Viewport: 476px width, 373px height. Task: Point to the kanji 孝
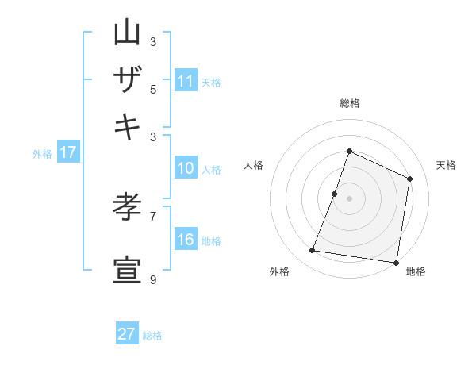[127, 207]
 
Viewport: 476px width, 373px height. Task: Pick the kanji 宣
[127, 271]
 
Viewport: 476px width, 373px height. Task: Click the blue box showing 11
[186, 81]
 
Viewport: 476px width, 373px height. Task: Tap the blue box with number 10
[186, 168]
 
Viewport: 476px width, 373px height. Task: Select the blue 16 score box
[186, 240]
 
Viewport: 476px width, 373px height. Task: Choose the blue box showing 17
[68, 153]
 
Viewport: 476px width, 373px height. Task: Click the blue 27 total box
[127, 334]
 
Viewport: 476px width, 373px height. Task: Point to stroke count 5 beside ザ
[153, 89]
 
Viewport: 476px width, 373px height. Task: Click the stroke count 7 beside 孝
[153, 216]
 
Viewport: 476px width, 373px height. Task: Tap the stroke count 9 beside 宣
[153, 279]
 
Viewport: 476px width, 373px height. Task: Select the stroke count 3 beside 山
[153, 41]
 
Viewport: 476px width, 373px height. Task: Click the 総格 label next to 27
[152, 336]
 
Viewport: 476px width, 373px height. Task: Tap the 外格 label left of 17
[42, 154]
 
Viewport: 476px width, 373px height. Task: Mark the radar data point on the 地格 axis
[397, 263]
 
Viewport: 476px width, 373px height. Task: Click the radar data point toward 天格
[410, 179]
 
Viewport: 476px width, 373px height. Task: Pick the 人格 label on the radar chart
[254, 165]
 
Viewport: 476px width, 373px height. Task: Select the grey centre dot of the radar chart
[349, 198]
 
